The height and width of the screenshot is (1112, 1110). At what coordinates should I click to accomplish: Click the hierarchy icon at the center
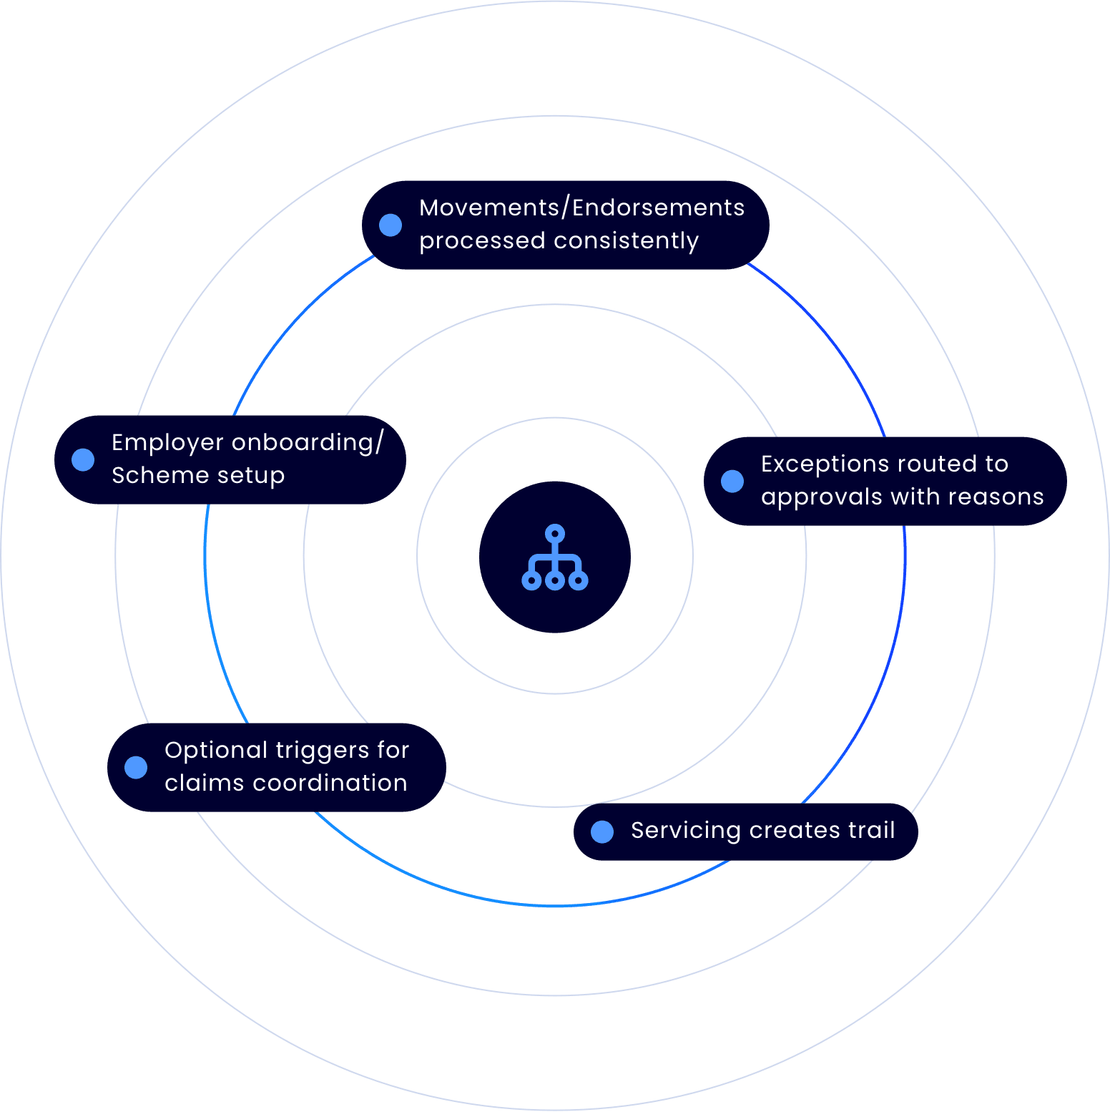555,557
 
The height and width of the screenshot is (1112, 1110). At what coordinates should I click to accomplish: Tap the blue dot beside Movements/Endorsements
391,225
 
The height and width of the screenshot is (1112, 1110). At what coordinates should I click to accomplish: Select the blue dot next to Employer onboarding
83,459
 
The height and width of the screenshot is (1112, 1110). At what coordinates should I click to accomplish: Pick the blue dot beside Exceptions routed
732,481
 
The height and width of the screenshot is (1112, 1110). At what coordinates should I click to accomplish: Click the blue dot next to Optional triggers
136,767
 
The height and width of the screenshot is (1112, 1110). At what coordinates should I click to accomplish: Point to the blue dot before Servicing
602,831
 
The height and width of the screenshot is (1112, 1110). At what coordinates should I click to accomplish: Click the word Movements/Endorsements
581,208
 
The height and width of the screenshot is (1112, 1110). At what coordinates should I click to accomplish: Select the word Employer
167,443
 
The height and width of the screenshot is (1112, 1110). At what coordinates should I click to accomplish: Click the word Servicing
685,831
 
